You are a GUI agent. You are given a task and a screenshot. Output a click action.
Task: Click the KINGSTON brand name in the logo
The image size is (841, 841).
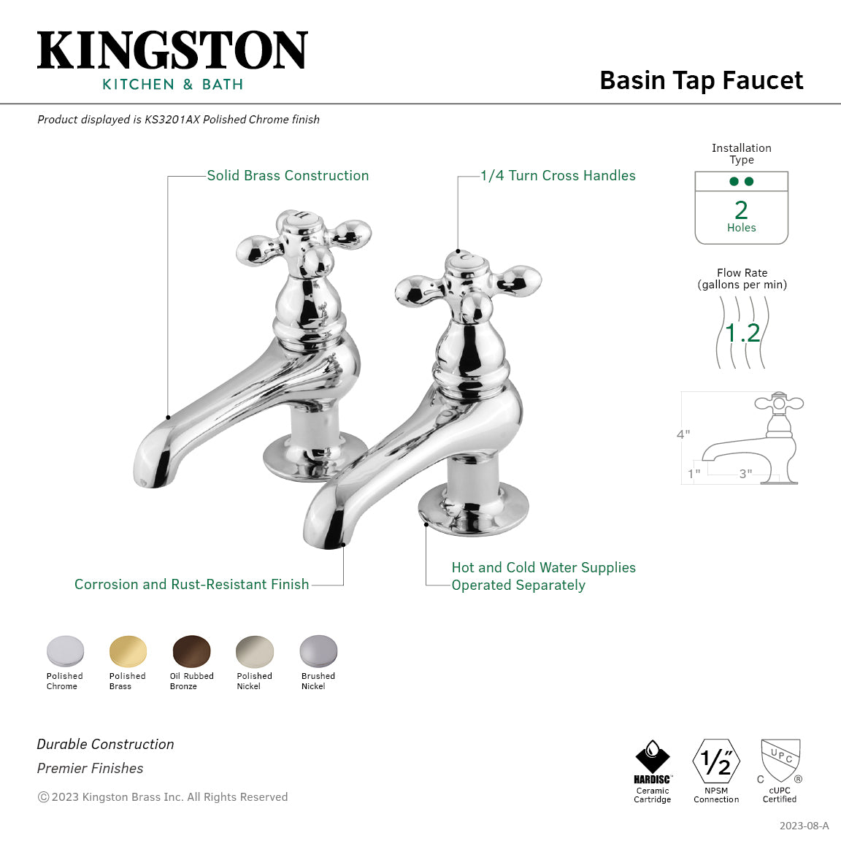click(172, 50)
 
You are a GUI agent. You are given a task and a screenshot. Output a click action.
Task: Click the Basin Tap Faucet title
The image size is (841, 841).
click(701, 80)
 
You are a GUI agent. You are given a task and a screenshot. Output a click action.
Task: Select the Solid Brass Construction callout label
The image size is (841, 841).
click(288, 176)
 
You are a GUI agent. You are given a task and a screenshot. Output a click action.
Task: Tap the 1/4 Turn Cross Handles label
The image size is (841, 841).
click(558, 176)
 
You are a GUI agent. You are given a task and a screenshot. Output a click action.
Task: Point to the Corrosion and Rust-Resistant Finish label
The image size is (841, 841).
click(191, 585)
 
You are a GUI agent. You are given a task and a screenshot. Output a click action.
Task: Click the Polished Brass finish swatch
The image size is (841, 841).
click(128, 651)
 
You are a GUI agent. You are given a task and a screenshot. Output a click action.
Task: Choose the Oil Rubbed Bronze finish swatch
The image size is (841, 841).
click(191, 651)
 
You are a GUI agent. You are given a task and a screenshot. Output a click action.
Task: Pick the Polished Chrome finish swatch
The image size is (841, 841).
click(65, 651)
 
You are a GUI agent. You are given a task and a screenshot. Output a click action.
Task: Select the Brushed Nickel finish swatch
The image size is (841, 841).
click(318, 651)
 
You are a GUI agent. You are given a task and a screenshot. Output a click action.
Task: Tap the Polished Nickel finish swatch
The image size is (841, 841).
click(254, 651)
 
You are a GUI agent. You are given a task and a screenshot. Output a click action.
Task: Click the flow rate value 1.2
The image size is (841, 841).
click(742, 334)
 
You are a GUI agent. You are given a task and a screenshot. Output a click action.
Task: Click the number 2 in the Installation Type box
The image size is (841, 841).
click(741, 210)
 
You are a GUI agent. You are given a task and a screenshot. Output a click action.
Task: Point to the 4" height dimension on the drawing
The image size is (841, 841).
click(683, 434)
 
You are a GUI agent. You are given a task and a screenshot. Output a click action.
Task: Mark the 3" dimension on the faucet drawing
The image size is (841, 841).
click(745, 474)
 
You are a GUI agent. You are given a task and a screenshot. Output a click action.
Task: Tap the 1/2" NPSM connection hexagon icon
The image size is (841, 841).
click(716, 761)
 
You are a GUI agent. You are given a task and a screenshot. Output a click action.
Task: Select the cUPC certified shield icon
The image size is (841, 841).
click(780, 760)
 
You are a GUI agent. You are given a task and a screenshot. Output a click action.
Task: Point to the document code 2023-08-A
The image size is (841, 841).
click(804, 826)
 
